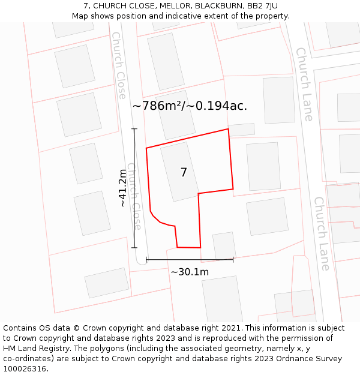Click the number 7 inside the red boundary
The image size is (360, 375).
(184, 172)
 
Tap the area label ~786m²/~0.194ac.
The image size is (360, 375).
(190, 106)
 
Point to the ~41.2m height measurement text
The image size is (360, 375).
(123, 188)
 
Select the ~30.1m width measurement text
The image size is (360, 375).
(190, 272)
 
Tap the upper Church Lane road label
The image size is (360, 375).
(304, 84)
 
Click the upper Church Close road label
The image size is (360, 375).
(119, 65)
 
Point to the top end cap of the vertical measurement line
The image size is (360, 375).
(134, 129)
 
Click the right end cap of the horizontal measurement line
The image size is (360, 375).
(233, 260)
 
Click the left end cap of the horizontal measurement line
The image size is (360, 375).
(146, 260)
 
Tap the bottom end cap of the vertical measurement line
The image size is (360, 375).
(134, 247)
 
